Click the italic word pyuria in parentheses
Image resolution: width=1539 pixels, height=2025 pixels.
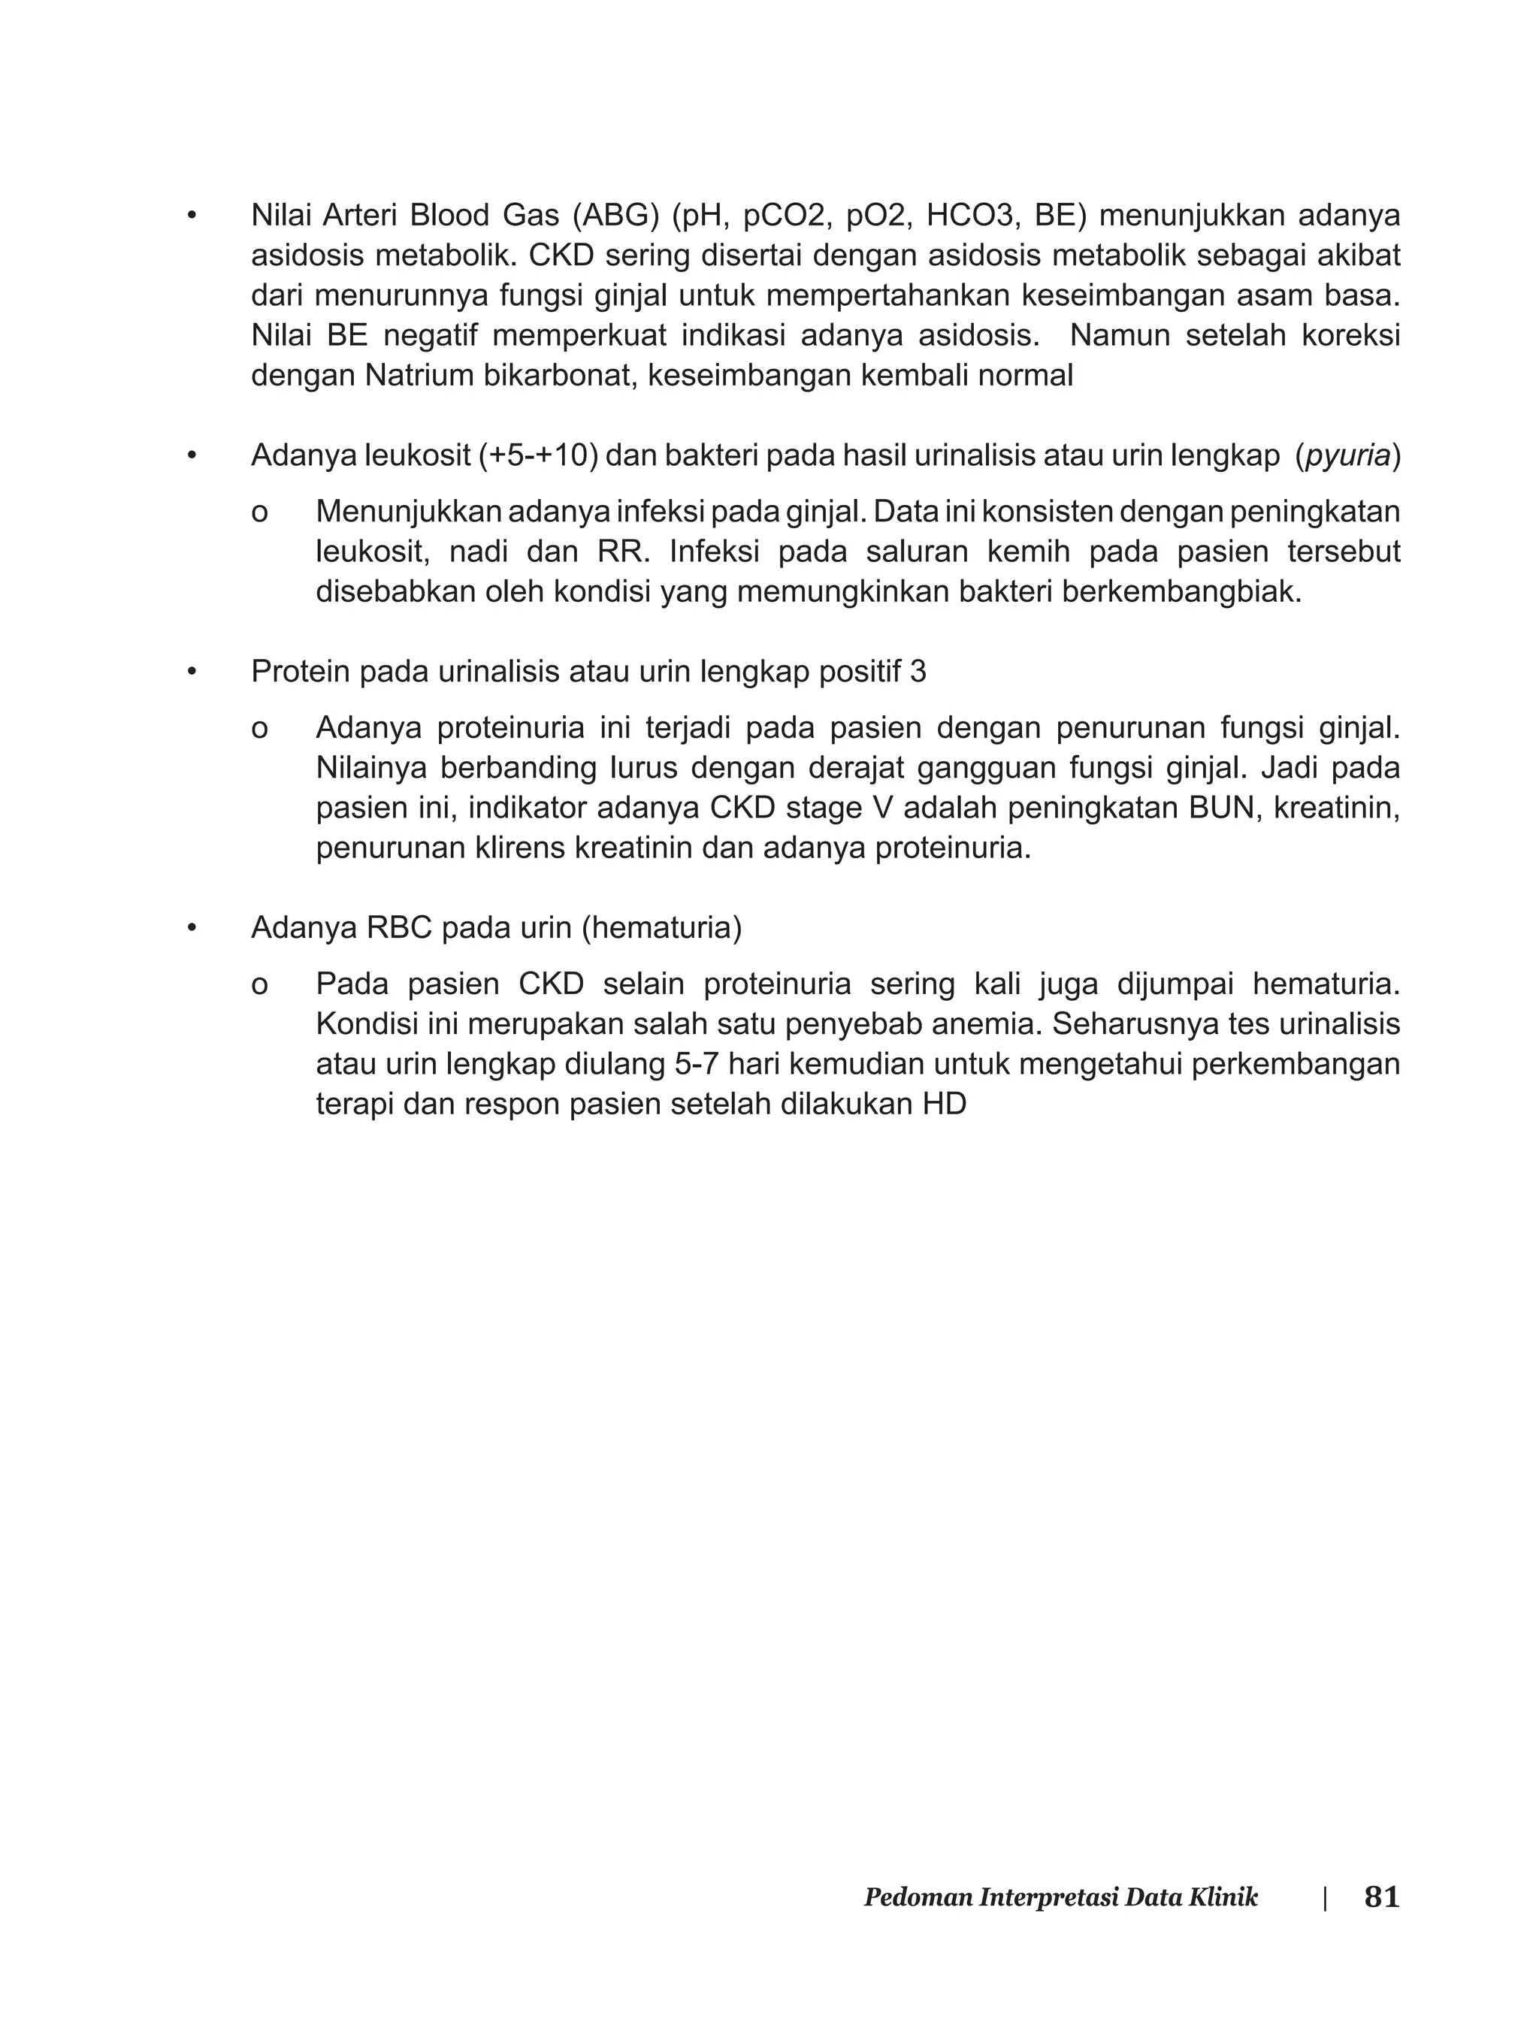pyautogui.click(x=1347, y=455)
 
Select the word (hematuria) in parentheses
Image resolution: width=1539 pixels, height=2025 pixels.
pyautogui.click(x=661, y=928)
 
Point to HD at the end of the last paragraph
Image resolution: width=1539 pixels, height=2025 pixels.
pyautogui.click(x=945, y=1104)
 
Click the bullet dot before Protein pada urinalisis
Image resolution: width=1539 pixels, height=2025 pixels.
pyautogui.click(x=192, y=673)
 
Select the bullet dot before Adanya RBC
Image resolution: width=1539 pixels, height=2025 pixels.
pyautogui.click(x=192, y=929)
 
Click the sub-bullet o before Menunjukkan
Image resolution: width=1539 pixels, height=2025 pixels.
pyautogui.click(x=259, y=513)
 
